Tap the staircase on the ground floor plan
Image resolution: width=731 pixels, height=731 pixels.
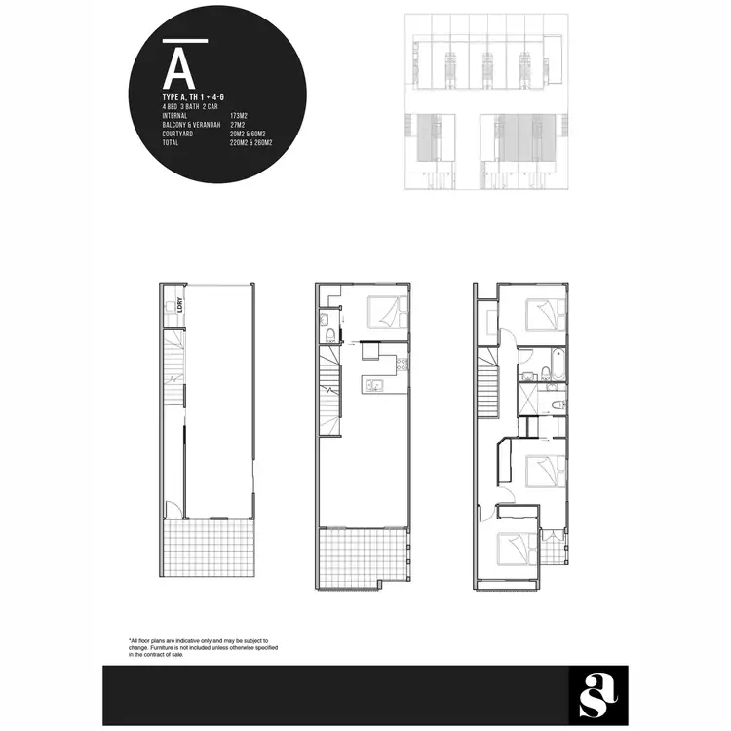[173, 370]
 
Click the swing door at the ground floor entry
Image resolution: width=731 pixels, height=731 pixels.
[172, 508]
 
